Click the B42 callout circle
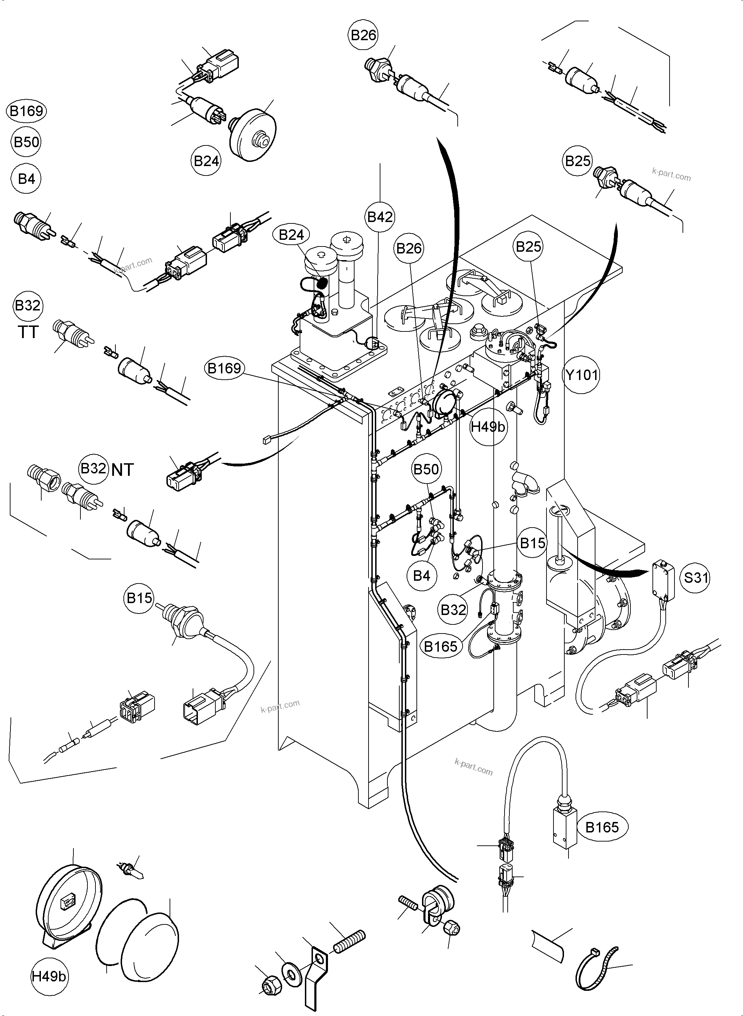click(380, 217)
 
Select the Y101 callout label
click(581, 375)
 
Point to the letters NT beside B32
click(122, 470)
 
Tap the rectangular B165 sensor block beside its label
click(564, 828)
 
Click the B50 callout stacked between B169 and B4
click(27, 143)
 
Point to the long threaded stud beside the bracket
click(349, 941)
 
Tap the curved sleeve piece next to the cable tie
click(548, 946)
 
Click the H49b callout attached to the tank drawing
click(488, 427)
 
